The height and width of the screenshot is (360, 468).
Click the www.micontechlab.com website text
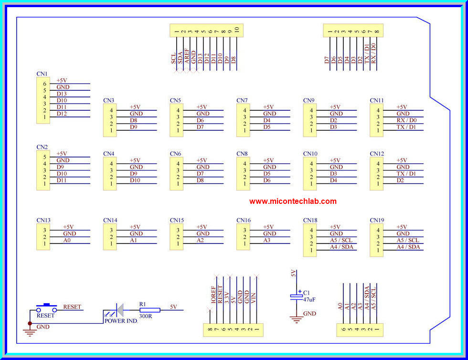[293, 201]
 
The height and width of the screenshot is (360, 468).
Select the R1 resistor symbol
[149, 310]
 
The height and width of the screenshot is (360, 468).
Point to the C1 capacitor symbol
[296, 296]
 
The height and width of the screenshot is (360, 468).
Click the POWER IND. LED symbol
[117, 310]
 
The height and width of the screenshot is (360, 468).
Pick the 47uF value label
[309, 299]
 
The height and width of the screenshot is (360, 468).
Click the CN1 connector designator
[42, 74]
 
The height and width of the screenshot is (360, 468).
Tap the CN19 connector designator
[377, 221]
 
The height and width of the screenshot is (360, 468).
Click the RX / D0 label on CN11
[406, 120]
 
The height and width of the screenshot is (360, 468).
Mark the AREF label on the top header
[187, 56]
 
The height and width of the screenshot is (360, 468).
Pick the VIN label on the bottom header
[254, 298]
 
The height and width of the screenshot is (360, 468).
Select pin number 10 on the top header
[236, 31]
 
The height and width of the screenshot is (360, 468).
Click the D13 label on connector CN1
[62, 94]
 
